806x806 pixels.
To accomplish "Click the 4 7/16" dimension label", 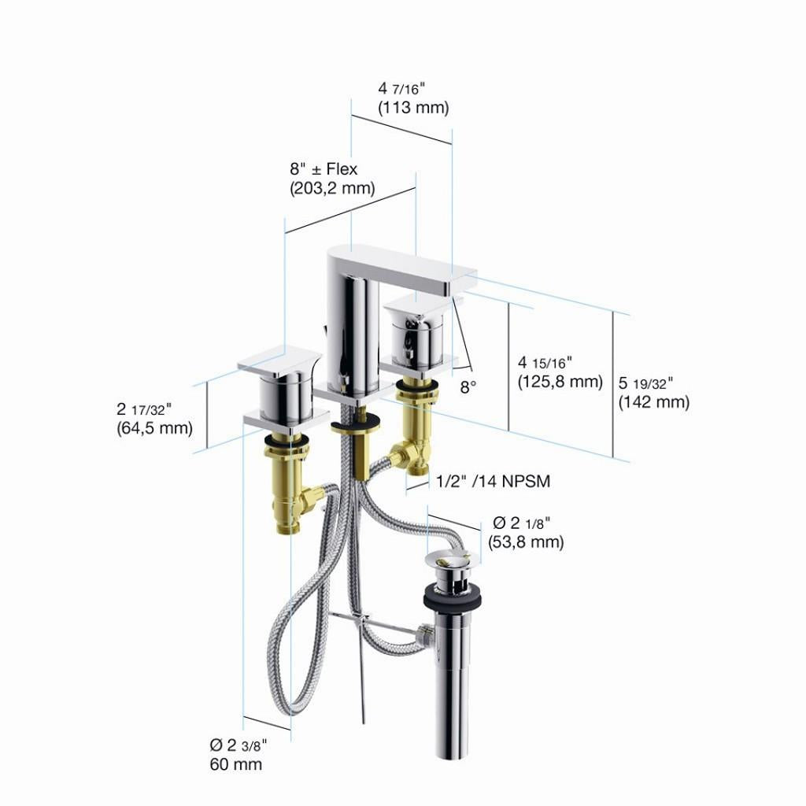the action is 401,88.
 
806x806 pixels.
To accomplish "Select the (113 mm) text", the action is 413,108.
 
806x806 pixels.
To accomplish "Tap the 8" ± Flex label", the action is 324,169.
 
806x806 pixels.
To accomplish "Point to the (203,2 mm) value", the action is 332,188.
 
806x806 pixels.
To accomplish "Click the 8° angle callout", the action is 468,386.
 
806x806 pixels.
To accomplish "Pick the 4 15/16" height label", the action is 545,362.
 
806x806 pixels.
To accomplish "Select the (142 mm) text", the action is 654,402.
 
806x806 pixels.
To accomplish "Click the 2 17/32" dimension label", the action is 144,409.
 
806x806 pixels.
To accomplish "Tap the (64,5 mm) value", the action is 155,428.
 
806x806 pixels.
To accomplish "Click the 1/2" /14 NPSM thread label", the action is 493,481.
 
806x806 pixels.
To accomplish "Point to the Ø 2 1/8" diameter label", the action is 521,523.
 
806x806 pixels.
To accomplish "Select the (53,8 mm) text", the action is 526,542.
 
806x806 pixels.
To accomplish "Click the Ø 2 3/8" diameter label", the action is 238,745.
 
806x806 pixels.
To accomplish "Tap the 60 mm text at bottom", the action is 236,764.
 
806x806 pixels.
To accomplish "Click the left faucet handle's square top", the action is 279,361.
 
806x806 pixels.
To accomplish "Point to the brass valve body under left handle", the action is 290,483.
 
